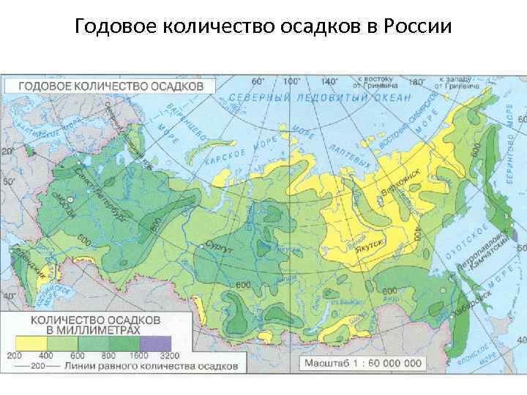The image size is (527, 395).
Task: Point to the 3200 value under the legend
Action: pos(169,355)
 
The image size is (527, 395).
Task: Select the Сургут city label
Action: pos(218,245)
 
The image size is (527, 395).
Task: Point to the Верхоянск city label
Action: pos(400,181)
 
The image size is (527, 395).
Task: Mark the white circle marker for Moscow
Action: pos(70,199)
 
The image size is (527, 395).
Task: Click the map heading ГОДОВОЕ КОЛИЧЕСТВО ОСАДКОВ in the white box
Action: pos(111,86)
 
